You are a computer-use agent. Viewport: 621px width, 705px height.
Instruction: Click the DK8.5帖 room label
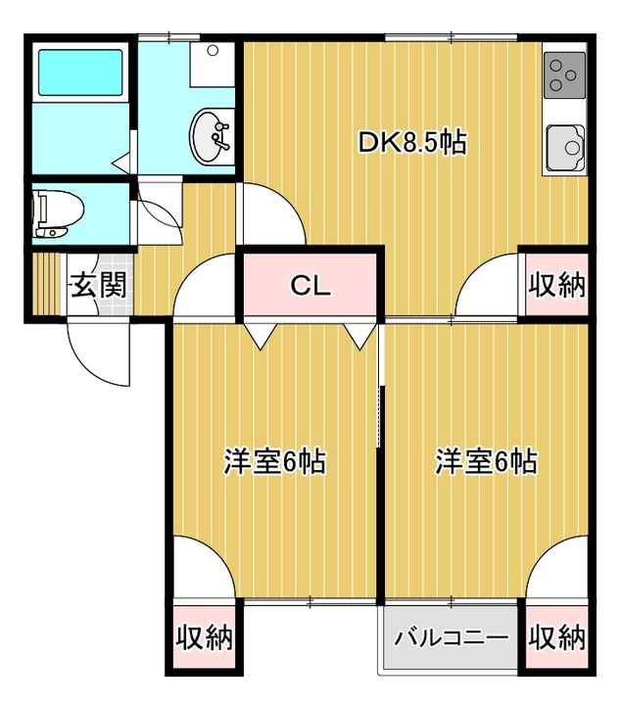pyautogui.click(x=410, y=143)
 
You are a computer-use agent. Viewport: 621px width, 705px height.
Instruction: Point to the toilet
pyautogui.click(x=54, y=213)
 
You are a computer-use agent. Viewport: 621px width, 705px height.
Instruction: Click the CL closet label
pyautogui.click(x=310, y=286)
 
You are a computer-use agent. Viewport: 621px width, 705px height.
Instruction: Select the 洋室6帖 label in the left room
pyautogui.click(x=274, y=460)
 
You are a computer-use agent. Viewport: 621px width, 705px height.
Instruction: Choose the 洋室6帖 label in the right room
pyautogui.click(x=487, y=460)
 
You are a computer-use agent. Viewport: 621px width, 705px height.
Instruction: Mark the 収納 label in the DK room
pyautogui.click(x=556, y=285)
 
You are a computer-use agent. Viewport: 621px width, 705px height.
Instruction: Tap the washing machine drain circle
pyautogui.click(x=212, y=51)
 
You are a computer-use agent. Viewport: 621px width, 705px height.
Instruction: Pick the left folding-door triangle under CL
pyautogui.click(x=260, y=336)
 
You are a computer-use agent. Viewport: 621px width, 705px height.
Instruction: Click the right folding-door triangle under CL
pyautogui.click(x=359, y=336)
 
